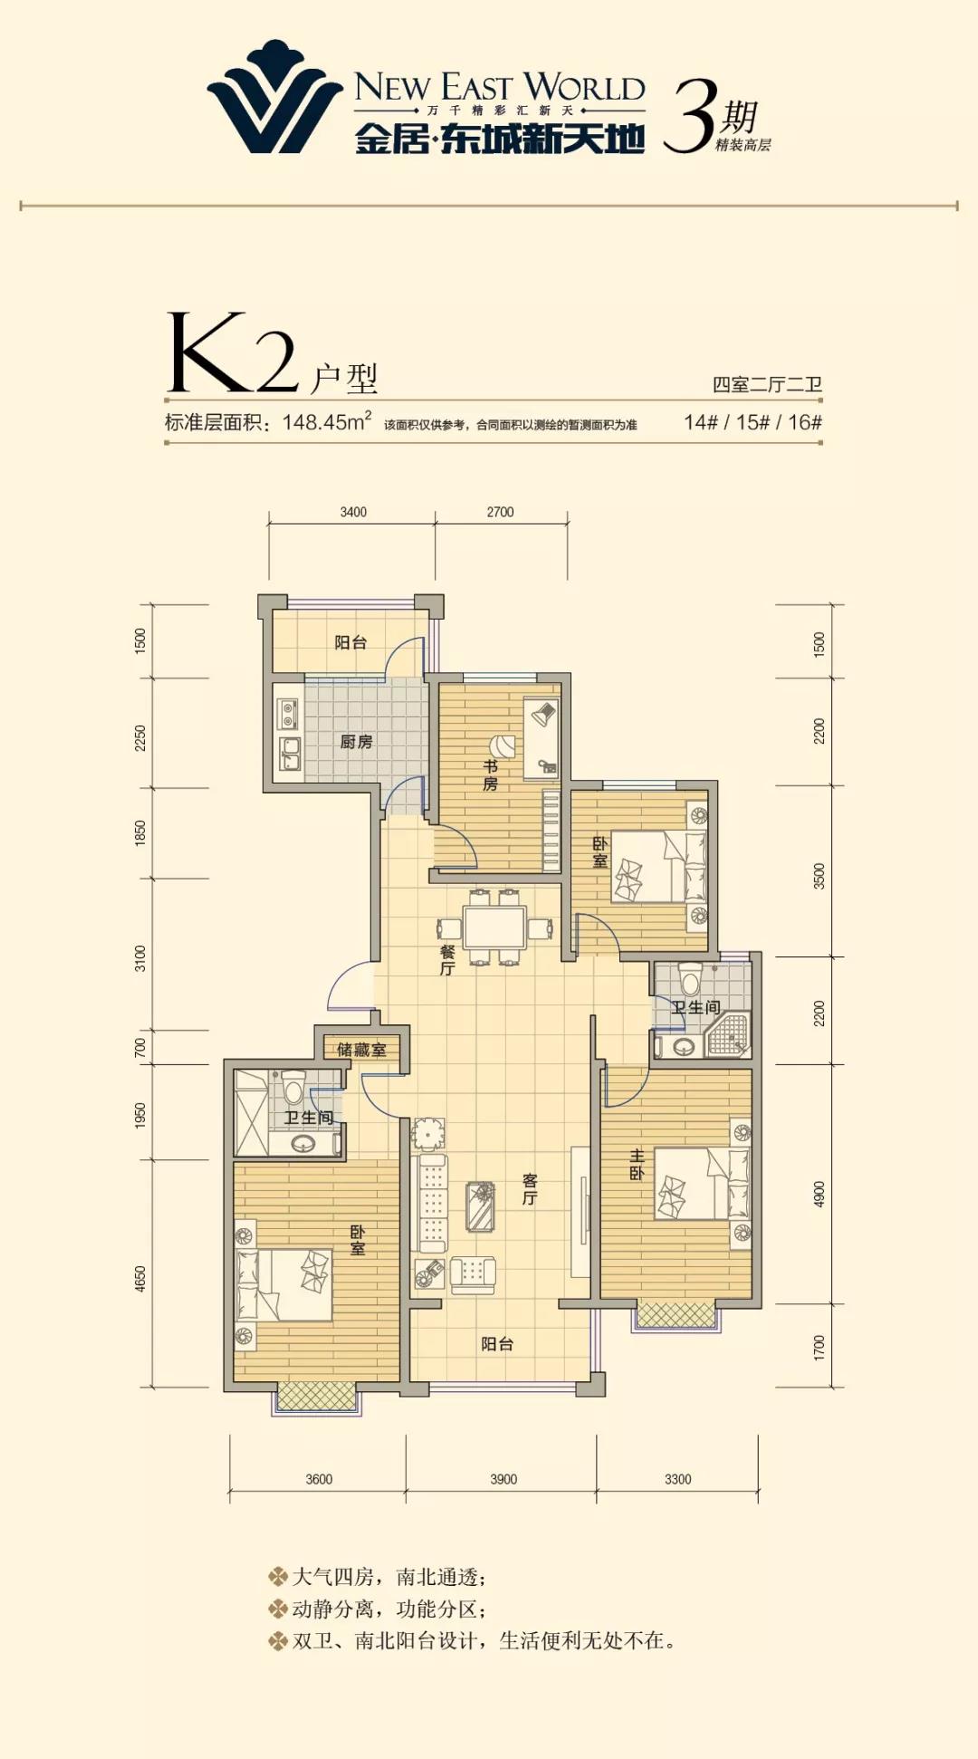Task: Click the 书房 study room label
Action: point(490,775)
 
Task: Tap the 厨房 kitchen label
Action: point(356,742)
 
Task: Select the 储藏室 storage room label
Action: point(361,1050)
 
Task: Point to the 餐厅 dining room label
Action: point(447,960)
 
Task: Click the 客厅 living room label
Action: point(530,1189)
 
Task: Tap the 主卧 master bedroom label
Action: point(637,1164)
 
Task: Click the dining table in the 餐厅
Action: point(494,927)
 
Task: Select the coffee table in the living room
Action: point(480,1206)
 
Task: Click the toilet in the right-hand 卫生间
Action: point(690,978)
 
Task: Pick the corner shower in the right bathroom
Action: point(729,1035)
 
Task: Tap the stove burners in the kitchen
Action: point(288,714)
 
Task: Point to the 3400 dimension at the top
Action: point(353,512)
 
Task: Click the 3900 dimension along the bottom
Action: point(503,1479)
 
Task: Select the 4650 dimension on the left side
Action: point(140,1279)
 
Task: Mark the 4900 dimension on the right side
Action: point(820,1194)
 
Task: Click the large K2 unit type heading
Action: point(233,353)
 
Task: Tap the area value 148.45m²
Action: point(327,422)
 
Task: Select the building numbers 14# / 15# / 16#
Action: point(753,422)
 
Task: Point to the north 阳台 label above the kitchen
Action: point(350,642)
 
